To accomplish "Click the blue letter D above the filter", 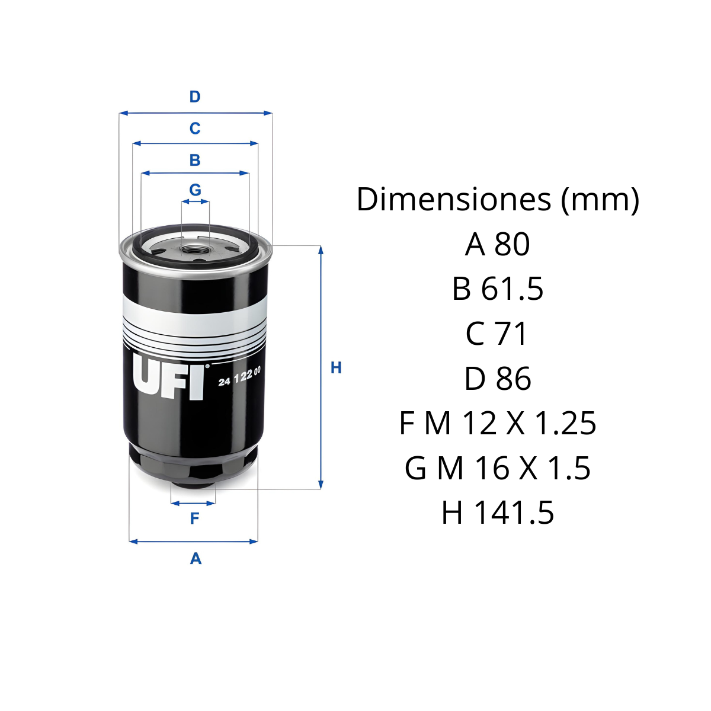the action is coord(195,97).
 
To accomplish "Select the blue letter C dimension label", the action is coord(195,129).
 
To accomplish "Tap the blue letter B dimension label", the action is coord(195,160).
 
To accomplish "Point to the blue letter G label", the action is coord(195,190).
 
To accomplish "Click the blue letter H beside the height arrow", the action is coord(336,368).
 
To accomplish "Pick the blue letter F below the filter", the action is coord(194,518).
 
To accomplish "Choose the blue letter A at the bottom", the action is coord(196,559).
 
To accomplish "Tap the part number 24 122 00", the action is coord(239,376).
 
